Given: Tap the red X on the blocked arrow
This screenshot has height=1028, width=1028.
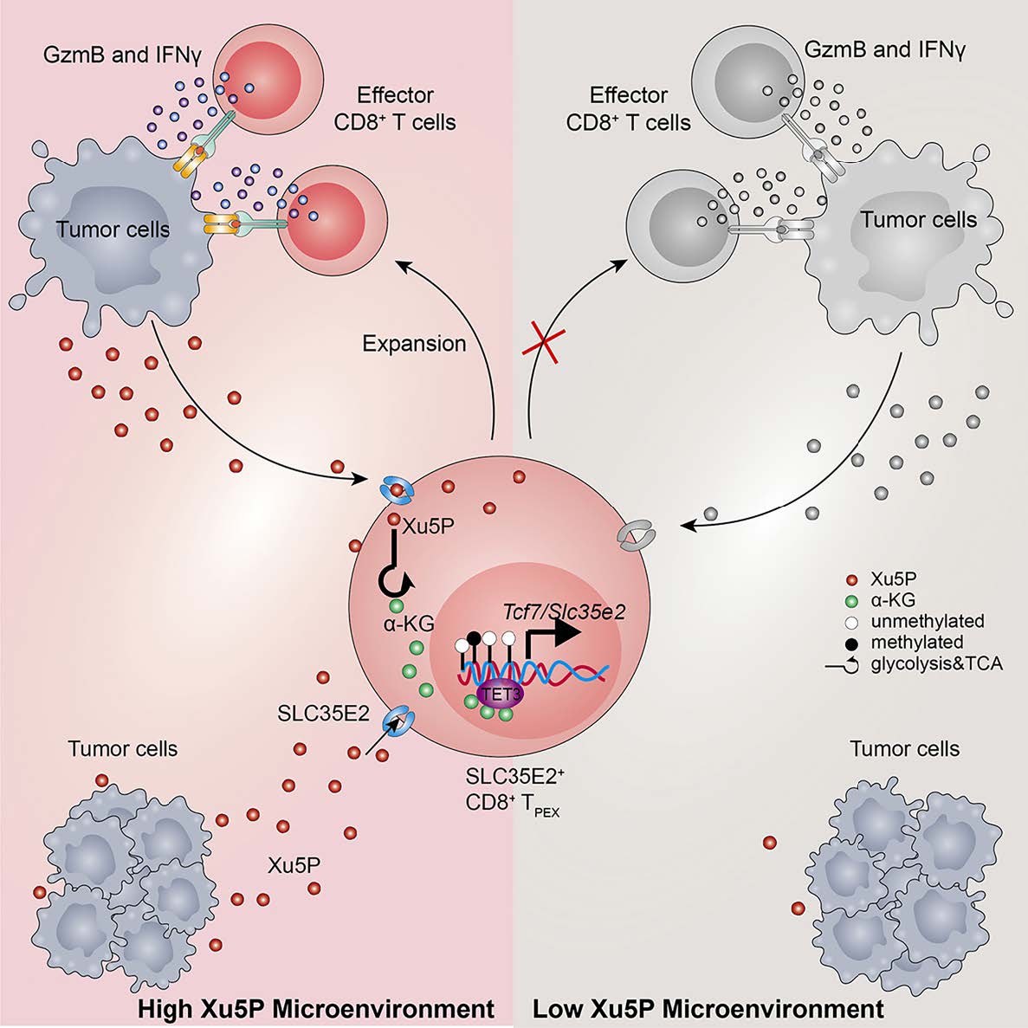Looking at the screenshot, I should [x=542, y=346].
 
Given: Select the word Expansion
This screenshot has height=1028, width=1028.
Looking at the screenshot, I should [x=414, y=344].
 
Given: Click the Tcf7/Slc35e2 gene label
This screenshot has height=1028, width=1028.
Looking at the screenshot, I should [x=564, y=612].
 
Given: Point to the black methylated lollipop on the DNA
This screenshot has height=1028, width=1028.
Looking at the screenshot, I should [x=474, y=639].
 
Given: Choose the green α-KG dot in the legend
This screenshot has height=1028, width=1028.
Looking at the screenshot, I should [x=851, y=600].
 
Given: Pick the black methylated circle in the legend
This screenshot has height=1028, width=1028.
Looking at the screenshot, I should [x=851, y=643].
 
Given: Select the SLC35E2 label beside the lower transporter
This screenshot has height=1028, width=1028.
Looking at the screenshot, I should [x=323, y=714].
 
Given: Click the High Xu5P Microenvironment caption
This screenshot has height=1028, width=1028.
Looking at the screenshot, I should [x=316, y=1009].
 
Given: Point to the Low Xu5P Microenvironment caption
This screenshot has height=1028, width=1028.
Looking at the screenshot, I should [x=708, y=1009].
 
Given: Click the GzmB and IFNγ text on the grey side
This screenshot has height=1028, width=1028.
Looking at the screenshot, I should [x=884, y=49].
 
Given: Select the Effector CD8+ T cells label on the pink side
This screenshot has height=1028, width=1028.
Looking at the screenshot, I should [x=395, y=108].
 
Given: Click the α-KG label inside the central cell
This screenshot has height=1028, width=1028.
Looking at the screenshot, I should [x=408, y=624].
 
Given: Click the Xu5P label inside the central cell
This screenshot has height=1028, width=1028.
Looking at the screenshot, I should [x=428, y=526].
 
